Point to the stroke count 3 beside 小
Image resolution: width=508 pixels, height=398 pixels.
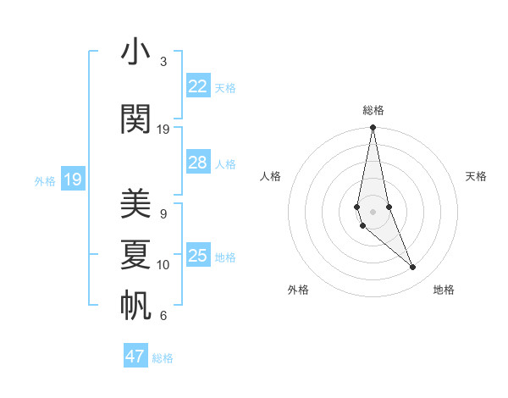tap(163, 62)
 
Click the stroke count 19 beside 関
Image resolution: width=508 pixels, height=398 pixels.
tap(163, 129)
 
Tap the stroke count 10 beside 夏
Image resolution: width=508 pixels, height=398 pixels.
tap(163, 264)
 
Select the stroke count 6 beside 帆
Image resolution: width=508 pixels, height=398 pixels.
tap(163, 316)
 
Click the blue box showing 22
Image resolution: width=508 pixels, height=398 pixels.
tap(197, 86)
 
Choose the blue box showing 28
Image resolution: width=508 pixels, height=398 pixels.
tap(197, 163)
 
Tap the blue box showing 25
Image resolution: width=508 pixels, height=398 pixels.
tap(197, 256)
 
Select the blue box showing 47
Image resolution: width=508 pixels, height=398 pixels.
tap(135, 357)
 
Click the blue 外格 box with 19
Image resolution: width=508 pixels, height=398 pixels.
tap(72, 180)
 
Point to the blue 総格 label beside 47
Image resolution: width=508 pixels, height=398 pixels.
tap(163, 358)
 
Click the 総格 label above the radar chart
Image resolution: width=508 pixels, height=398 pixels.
tap(373, 110)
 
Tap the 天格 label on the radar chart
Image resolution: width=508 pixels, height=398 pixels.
tap(477, 176)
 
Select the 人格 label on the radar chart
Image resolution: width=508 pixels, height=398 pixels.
tap(271, 176)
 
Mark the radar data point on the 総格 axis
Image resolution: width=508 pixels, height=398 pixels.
tap(373, 128)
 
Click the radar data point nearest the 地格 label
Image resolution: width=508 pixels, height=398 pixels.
tap(413, 268)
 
